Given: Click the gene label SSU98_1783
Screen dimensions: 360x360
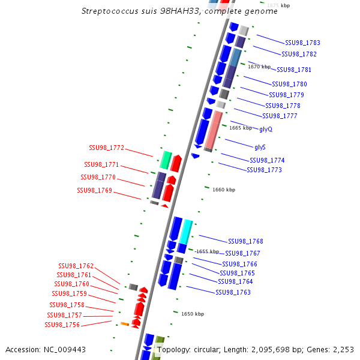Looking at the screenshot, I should [302, 43].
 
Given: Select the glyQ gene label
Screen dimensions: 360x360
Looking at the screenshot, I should [266, 129].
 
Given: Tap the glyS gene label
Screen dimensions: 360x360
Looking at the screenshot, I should [260, 147].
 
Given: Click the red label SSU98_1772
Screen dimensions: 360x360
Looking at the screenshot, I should [106, 148].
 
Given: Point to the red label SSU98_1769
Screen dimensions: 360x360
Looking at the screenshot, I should [94, 190].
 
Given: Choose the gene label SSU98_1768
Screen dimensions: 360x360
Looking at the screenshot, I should [245, 241].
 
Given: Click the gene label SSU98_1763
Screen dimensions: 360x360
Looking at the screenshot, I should [233, 292].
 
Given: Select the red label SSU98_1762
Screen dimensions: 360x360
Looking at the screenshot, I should [76, 266].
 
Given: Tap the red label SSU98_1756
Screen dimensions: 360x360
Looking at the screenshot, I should [62, 325].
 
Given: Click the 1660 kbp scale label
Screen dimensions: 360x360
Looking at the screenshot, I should [224, 190].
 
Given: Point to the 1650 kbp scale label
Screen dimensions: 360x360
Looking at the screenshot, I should [193, 314].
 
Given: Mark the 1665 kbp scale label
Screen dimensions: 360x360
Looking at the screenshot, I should [241, 128].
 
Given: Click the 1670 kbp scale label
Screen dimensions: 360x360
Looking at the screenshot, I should [259, 67].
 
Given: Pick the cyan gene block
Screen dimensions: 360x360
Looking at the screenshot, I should [186, 232].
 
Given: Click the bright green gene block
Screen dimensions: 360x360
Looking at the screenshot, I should [166, 160].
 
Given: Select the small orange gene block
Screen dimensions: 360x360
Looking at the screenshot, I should [125, 324].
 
